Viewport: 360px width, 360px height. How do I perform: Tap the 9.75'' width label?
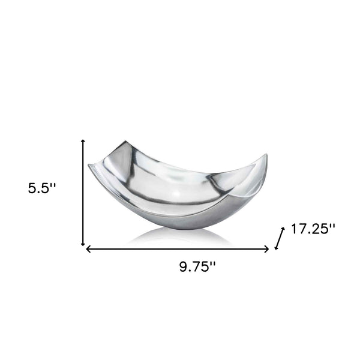point(197,267)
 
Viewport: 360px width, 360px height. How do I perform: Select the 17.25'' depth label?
point(313,229)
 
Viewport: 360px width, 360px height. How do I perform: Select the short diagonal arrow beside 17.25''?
point(278,238)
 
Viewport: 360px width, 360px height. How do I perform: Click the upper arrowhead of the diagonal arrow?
point(282,229)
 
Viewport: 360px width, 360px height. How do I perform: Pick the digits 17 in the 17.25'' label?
point(298,229)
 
